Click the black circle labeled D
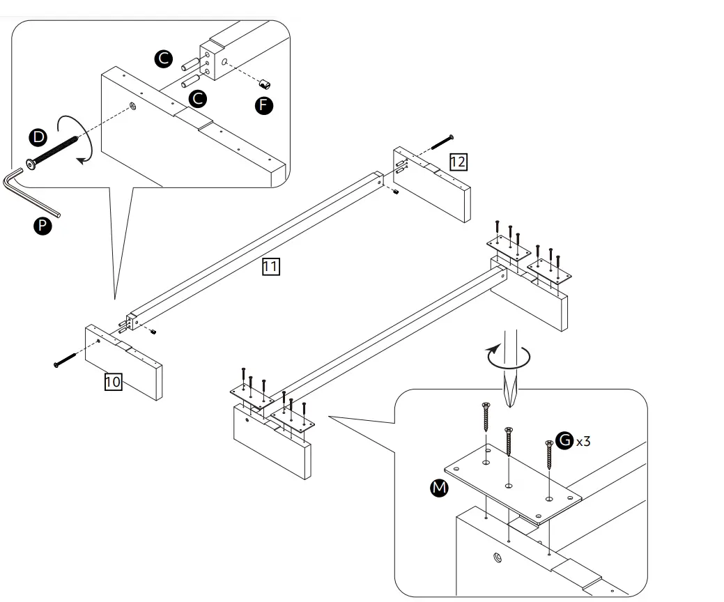(37, 137)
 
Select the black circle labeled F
(264, 105)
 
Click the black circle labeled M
(439, 488)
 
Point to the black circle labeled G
(564, 440)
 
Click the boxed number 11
(271, 265)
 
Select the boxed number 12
(458, 162)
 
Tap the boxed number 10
(113, 381)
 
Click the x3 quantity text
(584, 441)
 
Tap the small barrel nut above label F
(264, 84)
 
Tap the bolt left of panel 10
(66, 360)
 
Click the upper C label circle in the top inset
(164, 59)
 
